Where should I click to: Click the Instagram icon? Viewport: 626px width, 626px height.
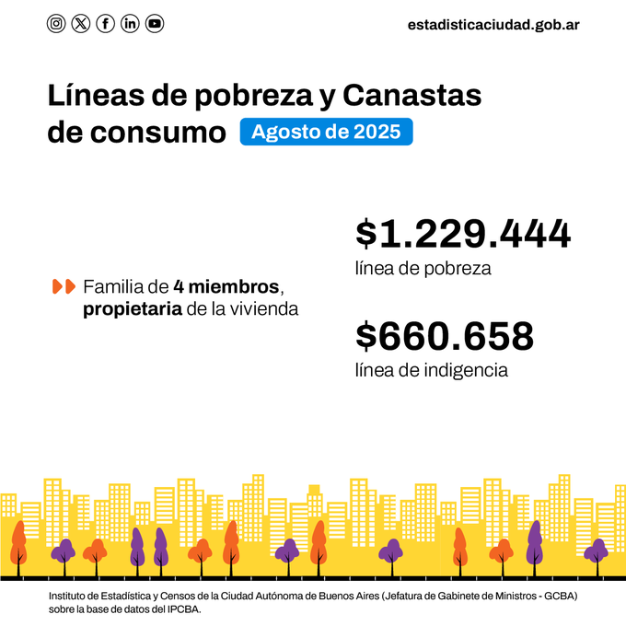(x=56, y=24)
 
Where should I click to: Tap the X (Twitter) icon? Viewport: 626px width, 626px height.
(x=81, y=24)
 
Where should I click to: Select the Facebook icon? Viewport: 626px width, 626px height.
(x=106, y=24)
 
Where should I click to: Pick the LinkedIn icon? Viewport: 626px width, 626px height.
(x=130, y=24)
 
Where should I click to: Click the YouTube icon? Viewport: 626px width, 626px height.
(x=155, y=24)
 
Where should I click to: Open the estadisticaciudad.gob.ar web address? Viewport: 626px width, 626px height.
(x=493, y=25)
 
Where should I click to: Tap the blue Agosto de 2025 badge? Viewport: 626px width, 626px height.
(x=326, y=132)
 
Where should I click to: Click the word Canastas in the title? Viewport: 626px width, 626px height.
(x=412, y=96)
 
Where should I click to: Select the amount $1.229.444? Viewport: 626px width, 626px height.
(x=463, y=235)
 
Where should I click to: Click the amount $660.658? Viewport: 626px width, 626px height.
(x=445, y=336)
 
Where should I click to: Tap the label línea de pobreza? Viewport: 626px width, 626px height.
(x=423, y=269)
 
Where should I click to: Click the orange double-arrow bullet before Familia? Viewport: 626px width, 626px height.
(x=64, y=286)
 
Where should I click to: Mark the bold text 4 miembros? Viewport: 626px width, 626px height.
(x=225, y=286)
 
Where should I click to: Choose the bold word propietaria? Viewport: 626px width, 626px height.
(x=132, y=309)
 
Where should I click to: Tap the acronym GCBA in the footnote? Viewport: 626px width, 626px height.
(x=558, y=597)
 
